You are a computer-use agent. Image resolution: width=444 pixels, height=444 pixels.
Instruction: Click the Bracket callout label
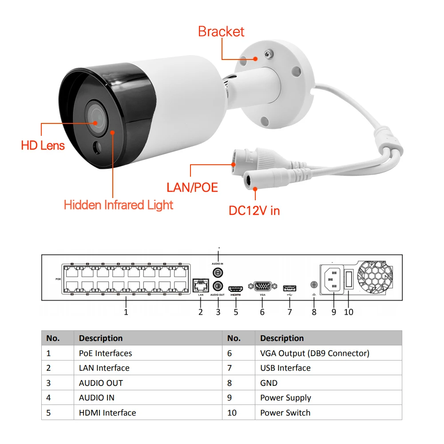(221, 32)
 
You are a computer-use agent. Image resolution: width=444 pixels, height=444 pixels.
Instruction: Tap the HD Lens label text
(43, 145)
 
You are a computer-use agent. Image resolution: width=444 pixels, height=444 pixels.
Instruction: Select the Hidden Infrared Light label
(118, 205)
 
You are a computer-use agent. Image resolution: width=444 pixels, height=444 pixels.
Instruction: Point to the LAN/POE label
(192, 187)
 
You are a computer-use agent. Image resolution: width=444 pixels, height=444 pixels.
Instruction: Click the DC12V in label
(254, 210)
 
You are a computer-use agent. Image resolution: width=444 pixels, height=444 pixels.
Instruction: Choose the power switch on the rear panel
(349, 280)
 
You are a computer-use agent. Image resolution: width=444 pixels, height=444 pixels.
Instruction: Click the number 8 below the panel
(314, 312)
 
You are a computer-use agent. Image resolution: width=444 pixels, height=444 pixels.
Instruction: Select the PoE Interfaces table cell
(105, 353)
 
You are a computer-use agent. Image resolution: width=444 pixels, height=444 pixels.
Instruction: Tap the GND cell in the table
(269, 383)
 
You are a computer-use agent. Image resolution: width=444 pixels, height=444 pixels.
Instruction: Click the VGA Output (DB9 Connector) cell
(314, 353)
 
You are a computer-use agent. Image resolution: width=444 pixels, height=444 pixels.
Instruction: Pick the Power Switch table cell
(285, 412)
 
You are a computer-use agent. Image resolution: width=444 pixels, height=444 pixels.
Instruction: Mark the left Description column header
(101, 338)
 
